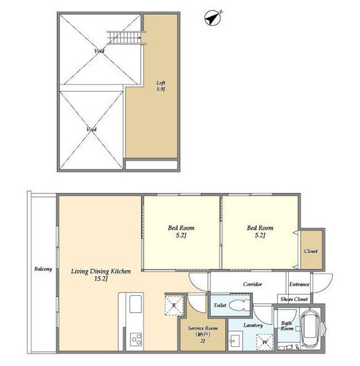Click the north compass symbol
click(212, 18)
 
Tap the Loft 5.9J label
click(161, 86)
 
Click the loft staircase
click(125, 38)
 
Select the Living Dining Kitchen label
click(101, 274)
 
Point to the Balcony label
click(43, 269)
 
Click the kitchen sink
click(136, 304)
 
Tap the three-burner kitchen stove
click(136, 339)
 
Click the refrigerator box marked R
click(174, 305)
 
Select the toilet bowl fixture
click(238, 305)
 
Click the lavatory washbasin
click(235, 342)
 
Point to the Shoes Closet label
click(294, 299)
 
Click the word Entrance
click(299, 285)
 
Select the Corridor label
click(253, 285)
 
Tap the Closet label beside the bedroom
click(311, 251)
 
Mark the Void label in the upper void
click(99, 51)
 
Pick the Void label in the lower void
click(92, 129)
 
